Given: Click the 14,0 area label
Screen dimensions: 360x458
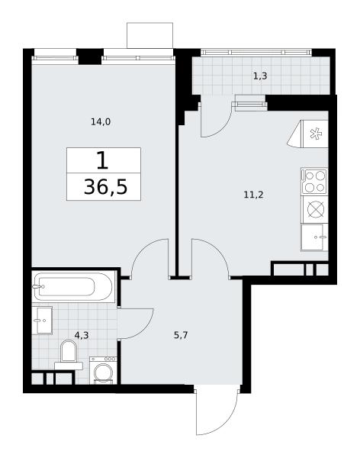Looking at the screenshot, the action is [x=101, y=122].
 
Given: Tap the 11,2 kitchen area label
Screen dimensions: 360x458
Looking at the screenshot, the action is [x=253, y=195].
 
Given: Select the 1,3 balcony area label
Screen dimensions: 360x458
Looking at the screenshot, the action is [x=260, y=76].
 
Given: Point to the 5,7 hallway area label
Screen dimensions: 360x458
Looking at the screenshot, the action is [x=181, y=335].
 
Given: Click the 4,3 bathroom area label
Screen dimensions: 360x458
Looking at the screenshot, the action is [x=82, y=335].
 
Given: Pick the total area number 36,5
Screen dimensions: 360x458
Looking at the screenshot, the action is [x=105, y=187].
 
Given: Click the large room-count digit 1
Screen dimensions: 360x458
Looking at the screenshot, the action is [x=102, y=160].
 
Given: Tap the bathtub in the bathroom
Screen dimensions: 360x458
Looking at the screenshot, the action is [x=72, y=287].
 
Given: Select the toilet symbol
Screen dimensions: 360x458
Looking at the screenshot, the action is [x=69, y=356].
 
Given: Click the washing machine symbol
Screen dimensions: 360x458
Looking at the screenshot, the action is [x=103, y=370].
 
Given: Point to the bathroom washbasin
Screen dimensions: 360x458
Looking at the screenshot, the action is [x=42, y=321].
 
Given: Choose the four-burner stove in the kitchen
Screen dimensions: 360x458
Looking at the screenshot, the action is [x=314, y=181].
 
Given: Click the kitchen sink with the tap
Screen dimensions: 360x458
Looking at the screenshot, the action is [x=314, y=237].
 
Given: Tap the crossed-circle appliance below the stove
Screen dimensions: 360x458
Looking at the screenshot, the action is [x=315, y=209].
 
